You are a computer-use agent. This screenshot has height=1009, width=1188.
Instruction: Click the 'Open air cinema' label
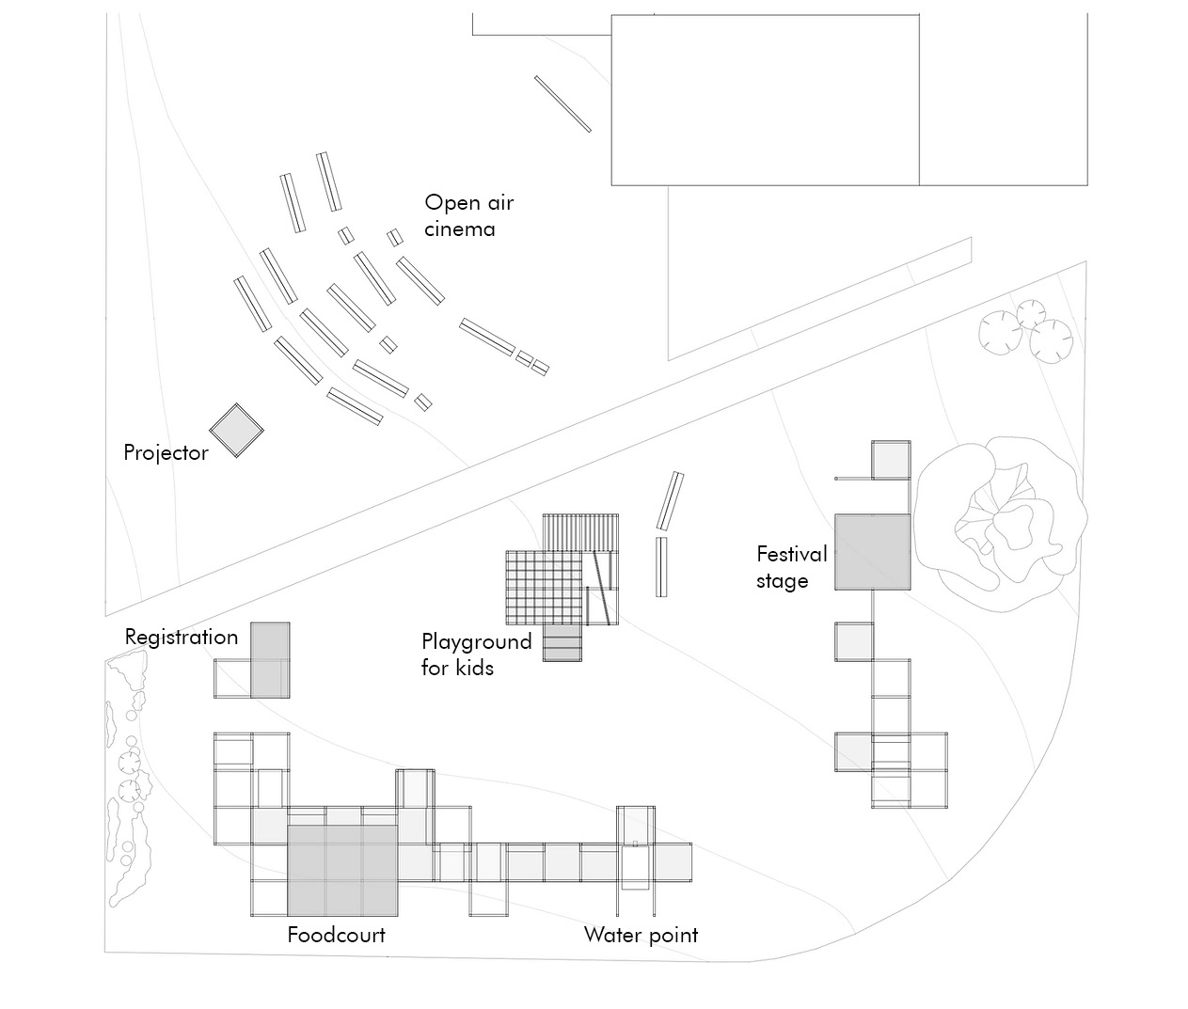469,215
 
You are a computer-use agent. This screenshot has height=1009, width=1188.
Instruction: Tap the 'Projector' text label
166,453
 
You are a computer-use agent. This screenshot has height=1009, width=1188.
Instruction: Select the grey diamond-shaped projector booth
236,431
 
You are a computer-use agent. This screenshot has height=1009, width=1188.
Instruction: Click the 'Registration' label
181,638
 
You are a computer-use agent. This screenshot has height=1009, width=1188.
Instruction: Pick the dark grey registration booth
270,660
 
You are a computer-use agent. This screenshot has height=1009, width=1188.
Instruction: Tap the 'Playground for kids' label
477,654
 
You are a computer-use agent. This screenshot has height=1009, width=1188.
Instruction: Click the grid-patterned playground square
545,588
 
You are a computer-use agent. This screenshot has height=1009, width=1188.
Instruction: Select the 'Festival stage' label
791,567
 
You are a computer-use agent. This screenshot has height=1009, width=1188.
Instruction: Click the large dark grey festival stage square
873,552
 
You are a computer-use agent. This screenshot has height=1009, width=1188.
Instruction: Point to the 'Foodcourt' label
336,935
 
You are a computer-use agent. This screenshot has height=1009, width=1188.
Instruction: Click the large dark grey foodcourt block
342,871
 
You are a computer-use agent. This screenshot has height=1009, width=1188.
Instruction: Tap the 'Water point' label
641,936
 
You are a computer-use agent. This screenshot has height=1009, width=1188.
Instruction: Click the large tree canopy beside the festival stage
1000,524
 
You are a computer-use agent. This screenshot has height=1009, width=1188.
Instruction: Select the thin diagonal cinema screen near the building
562,104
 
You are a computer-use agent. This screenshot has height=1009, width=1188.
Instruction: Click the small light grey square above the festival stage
891,460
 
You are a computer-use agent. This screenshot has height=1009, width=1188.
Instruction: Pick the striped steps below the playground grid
562,643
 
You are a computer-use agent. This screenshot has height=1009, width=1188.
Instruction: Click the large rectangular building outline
765,100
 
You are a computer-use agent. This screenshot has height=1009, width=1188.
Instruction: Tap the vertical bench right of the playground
661,567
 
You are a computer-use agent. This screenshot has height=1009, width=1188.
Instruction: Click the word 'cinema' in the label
459,229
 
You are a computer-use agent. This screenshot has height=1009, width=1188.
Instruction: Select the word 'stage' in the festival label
783,581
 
